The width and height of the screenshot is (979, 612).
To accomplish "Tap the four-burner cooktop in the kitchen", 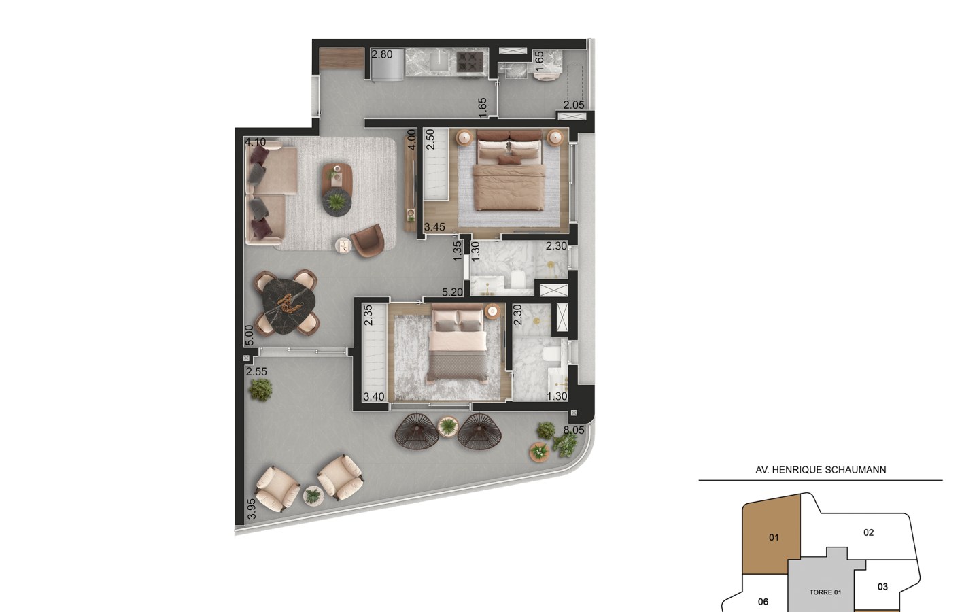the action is [x=470, y=61].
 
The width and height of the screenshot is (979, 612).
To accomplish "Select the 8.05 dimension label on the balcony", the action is [x=573, y=430].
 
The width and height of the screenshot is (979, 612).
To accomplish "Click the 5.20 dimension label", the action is [x=452, y=292].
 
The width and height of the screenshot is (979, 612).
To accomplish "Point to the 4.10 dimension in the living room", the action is [x=255, y=142].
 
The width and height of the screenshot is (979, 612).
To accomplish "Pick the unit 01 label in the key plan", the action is [x=774, y=538].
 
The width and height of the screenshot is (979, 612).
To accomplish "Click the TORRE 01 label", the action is [x=825, y=592].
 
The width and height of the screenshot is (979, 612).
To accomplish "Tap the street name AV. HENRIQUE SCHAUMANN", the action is [x=821, y=470].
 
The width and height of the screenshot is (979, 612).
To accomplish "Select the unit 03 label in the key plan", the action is [x=882, y=587].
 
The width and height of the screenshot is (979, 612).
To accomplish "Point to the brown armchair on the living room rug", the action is [x=368, y=240].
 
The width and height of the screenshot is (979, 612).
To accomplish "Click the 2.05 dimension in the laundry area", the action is [x=573, y=105].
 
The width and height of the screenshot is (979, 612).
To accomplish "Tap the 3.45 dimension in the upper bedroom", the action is [x=434, y=227].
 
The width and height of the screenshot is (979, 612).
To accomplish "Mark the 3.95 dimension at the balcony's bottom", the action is [x=252, y=509].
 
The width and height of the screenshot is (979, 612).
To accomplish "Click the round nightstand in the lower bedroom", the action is [x=492, y=311].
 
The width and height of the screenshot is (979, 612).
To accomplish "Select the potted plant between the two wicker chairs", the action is [x=448, y=426].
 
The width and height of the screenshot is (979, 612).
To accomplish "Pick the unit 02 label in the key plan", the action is [x=868, y=532].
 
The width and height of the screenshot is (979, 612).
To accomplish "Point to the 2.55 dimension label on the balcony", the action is [x=256, y=371].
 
